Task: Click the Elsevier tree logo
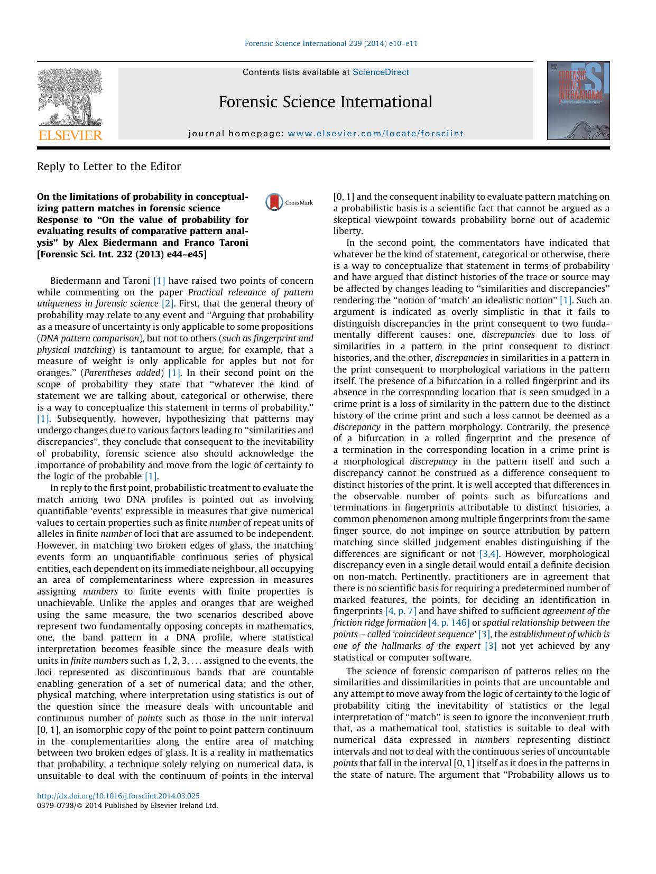[x=70, y=97]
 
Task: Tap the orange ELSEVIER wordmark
[x=70, y=135]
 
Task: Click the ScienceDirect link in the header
[x=381, y=72]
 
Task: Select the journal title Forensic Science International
[x=325, y=102]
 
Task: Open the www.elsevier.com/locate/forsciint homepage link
[x=375, y=134]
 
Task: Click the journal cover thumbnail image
[x=578, y=100]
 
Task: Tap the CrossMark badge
[x=289, y=202]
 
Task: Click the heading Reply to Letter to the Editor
[x=109, y=166]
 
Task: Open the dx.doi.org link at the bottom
[x=118, y=795]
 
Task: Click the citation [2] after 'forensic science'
[x=168, y=304]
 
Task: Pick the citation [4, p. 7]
[x=401, y=611]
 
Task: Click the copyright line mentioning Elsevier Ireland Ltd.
[x=127, y=806]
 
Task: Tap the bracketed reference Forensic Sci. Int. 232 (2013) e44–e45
[x=122, y=254]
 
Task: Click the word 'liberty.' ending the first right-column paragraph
[x=348, y=231]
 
